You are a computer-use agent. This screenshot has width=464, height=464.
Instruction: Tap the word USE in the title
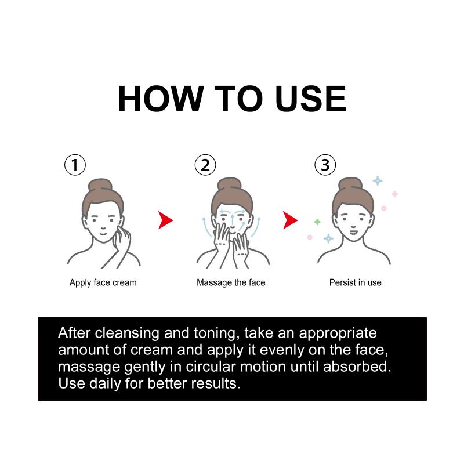(310, 99)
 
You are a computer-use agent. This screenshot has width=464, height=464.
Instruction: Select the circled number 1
(75, 165)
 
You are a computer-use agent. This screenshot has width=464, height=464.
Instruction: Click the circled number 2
(205, 165)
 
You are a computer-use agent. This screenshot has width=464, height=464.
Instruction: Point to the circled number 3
(325, 165)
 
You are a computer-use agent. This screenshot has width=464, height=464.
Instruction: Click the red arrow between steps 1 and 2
(165, 220)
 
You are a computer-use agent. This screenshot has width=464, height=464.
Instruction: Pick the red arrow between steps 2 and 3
(289, 220)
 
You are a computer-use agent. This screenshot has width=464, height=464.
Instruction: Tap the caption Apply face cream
(103, 282)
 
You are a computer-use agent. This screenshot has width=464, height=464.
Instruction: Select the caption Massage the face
(231, 282)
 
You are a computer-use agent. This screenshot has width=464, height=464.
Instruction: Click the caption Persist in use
(355, 282)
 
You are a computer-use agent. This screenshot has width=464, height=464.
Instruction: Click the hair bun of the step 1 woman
(100, 185)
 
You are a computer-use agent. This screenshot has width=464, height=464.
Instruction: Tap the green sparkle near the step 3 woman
(317, 222)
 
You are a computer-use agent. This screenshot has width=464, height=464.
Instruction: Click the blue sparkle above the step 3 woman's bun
(378, 180)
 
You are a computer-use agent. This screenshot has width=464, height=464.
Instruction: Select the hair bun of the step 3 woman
(350, 184)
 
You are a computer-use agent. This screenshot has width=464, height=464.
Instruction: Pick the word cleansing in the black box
(127, 333)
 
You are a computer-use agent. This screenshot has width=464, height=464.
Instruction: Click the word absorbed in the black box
(357, 367)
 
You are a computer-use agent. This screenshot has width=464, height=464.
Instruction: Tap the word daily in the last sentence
(105, 384)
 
